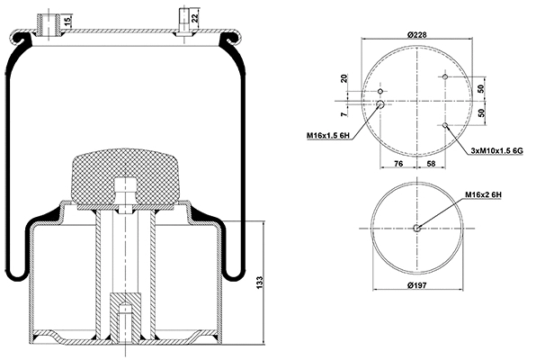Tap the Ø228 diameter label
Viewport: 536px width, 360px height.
click(x=416, y=33)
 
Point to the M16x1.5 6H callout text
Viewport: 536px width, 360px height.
click(x=327, y=135)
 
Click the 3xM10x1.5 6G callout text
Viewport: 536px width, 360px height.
click(x=496, y=151)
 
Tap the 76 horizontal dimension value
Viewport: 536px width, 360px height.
click(x=398, y=163)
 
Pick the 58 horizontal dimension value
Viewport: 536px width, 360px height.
click(x=433, y=163)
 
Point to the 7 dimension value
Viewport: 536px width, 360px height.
click(x=344, y=115)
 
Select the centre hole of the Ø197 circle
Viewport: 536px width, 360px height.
click(x=416, y=228)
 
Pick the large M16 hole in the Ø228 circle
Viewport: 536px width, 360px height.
click(x=380, y=104)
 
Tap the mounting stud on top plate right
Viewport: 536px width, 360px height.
click(x=183, y=22)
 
